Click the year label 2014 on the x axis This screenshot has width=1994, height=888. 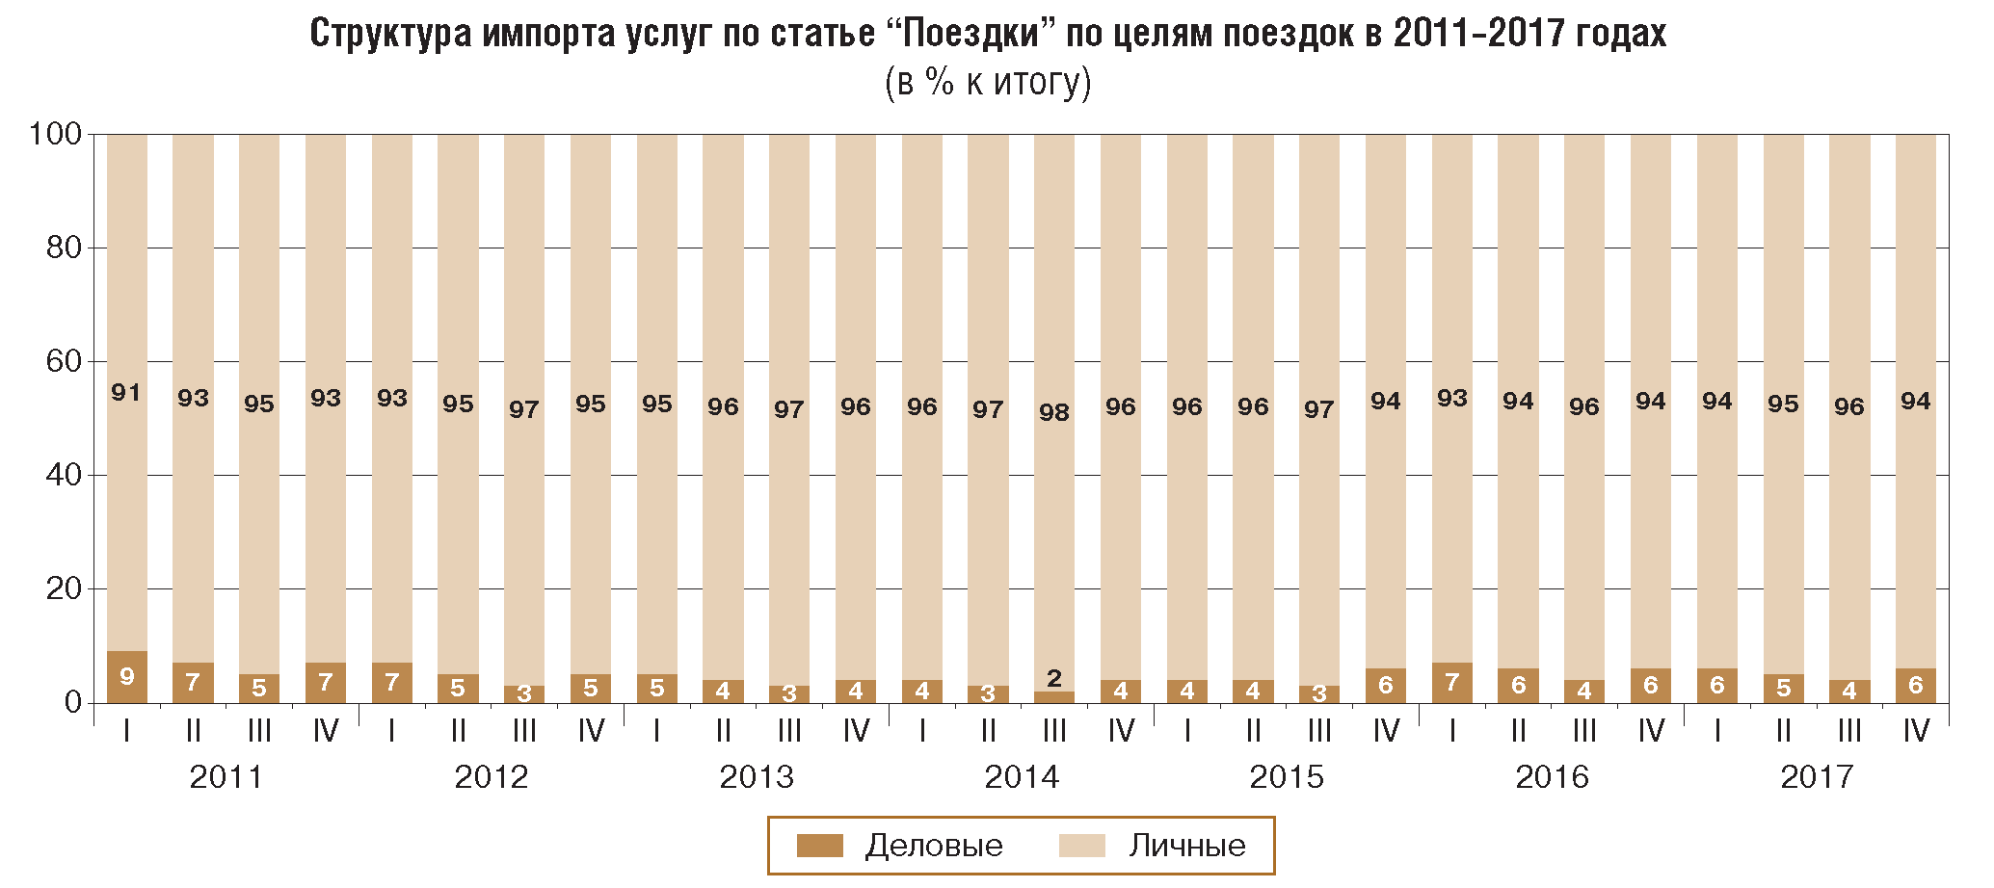(1022, 776)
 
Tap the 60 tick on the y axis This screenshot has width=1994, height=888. (64, 361)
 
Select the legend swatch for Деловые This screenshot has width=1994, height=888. (819, 846)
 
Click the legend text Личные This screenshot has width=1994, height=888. (1186, 846)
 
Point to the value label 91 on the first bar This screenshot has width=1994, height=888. (126, 392)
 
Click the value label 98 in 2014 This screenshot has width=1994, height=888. (1053, 412)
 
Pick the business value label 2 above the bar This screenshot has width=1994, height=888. (1053, 678)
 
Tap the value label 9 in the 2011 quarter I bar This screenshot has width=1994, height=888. (126, 676)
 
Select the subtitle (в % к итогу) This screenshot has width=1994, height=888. (988, 83)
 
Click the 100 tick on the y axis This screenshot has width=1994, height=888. (56, 134)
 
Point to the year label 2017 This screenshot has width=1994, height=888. (1817, 776)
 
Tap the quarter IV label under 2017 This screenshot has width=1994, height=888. (1916, 732)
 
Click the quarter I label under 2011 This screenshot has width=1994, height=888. (126, 732)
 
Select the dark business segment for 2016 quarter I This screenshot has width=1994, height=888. (1451, 683)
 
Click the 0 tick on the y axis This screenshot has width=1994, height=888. (73, 702)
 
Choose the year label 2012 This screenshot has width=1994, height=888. (492, 776)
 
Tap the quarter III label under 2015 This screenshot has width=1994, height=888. (1319, 732)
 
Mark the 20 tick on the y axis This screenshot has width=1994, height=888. (64, 588)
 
